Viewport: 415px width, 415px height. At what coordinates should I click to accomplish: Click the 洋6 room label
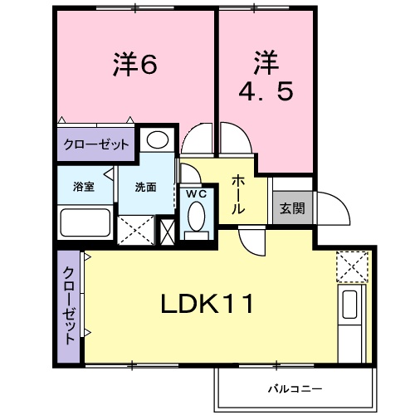pos(135,64)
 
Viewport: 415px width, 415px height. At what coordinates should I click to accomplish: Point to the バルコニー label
pos(294,388)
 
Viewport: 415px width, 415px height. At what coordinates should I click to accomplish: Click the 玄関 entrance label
pos(291,207)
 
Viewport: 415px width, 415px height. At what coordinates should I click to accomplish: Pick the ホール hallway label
pos(237,194)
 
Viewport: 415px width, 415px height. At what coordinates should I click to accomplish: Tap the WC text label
pos(196,193)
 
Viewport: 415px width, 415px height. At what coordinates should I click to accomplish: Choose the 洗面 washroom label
pos(146,187)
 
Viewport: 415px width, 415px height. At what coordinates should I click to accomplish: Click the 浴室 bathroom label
pos(83,187)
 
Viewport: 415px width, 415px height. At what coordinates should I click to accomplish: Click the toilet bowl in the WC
pos(197,217)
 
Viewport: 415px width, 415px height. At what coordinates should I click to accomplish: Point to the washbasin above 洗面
pos(157,139)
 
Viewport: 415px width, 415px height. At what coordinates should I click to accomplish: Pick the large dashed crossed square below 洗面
pos(136,228)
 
